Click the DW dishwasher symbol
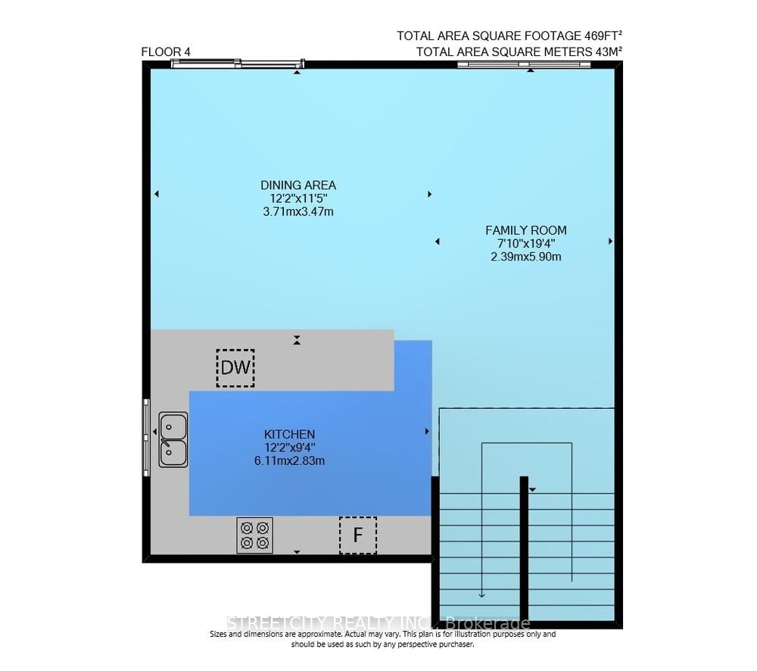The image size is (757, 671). (235, 368)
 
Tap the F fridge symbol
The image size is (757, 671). (357, 535)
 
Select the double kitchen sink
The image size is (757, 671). (173, 439)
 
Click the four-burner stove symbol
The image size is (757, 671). (254, 535)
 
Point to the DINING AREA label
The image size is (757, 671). (298, 185)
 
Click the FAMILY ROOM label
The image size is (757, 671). (525, 230)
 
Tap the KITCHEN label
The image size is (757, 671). (289, 434)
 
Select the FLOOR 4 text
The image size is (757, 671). (166, 51)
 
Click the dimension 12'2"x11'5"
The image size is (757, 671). (298, 198)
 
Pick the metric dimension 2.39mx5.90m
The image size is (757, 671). (525, 257)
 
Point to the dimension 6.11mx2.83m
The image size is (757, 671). (289, 460)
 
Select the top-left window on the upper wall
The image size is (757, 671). (237, 64)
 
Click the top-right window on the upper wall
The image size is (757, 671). (524, 64)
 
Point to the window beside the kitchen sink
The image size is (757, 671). (147, 437)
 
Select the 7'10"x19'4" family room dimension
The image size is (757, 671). (525, 244)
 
